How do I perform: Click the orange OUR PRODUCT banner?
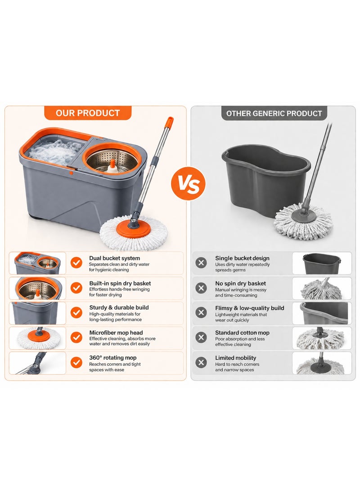coord(88,113)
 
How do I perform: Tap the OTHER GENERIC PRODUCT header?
coord(274,113)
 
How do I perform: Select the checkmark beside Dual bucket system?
coord(76,263)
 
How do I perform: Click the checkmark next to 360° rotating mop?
coord(76,362)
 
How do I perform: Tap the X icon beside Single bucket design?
coord(201,263)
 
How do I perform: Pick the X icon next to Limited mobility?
coord(201,362)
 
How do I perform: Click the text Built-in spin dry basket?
coord(120,284)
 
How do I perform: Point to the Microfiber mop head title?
coord(116,333)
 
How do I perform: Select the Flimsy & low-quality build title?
coord(250,308)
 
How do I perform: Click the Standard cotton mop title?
coord(242,333)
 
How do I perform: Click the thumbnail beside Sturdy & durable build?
coord(37,313)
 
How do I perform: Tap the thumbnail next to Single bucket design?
coord(322,263)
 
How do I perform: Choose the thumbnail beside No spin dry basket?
coord(322,288)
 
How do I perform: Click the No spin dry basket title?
coord(240,284)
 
